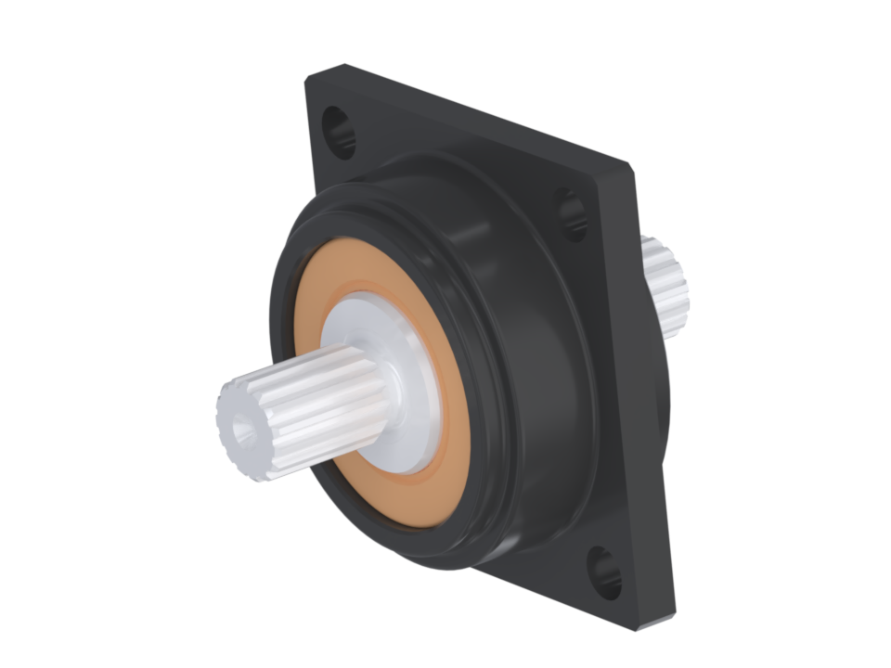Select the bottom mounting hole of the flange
604,571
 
